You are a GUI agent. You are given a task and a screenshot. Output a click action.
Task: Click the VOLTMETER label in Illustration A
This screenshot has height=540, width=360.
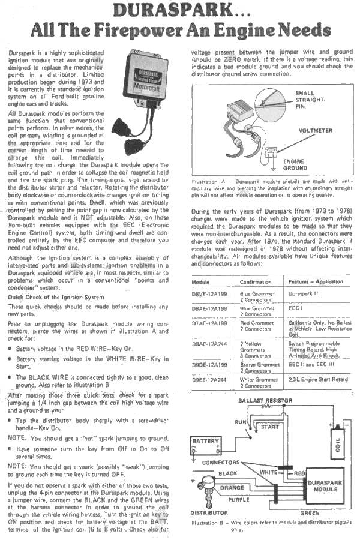click(x=316, y=131)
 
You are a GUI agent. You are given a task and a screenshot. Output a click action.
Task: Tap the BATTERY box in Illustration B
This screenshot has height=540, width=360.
click(x=205, y=442)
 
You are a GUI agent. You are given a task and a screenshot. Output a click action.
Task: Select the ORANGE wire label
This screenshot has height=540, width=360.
click(x=232, y=488)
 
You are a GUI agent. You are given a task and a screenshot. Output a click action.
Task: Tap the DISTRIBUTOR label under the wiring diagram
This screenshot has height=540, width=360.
click(x=209, y=514)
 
